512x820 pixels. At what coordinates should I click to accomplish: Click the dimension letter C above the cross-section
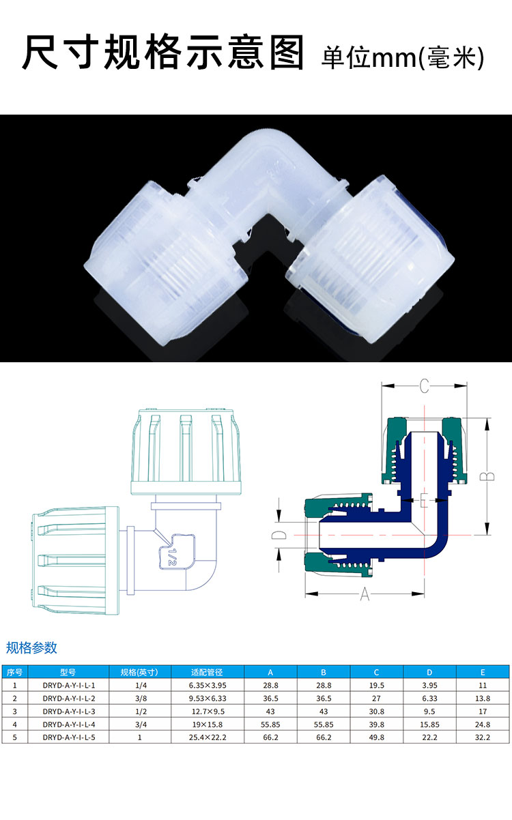424,386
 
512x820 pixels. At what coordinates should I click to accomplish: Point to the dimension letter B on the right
487,476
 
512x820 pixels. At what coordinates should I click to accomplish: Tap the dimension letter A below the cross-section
365,594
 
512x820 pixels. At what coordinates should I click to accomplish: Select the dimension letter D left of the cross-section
279,535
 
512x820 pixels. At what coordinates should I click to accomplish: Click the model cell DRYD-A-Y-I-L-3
69,712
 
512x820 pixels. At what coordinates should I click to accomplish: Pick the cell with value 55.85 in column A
270,724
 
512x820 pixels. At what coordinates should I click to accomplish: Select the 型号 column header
68,672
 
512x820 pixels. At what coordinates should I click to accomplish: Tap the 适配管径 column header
207,672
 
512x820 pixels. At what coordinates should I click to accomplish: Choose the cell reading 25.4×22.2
208,737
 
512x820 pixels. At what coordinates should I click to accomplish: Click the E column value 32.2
483,737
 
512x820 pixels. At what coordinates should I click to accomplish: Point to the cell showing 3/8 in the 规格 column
141,699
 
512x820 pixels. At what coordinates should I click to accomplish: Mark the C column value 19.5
377,686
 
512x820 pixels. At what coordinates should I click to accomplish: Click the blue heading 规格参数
31,647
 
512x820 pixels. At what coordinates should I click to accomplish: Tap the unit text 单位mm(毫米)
403,57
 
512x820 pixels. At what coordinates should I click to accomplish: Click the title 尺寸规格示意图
163,52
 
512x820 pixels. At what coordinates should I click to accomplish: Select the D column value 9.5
429,712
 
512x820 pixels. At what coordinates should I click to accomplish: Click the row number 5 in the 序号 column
14,737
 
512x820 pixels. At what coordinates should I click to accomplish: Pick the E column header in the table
483,673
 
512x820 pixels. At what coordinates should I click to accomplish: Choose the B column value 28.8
324,686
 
